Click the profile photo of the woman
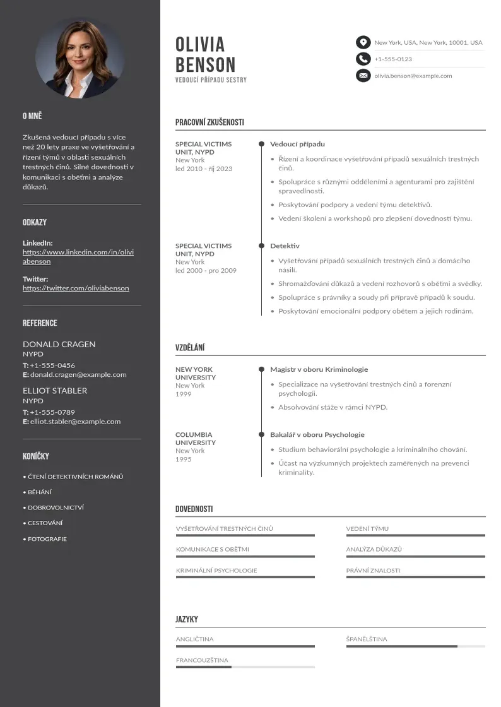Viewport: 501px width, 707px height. point(80,57)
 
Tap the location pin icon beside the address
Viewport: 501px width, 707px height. point(363,42)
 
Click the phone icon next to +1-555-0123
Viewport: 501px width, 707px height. point(363,59)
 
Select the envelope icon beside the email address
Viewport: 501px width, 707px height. point(363,76)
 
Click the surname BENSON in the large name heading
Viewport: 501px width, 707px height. point(205,64)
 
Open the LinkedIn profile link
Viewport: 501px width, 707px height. point(78,256)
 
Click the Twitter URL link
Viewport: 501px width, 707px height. point(76,288)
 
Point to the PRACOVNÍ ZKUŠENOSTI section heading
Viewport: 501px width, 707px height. point(209,122)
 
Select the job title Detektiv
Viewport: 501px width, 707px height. point(285,246)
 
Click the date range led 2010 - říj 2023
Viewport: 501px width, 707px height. point(204,169)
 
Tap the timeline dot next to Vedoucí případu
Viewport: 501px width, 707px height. point(261,144)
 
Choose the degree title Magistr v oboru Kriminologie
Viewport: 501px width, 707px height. point(319,369)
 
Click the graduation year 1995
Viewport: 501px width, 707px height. point(183,459)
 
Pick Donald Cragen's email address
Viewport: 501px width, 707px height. point(78,374)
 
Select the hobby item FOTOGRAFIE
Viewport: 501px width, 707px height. point(47,539)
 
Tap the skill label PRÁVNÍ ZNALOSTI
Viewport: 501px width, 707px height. point(373,570)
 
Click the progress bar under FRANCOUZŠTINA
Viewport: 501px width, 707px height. point(245,667)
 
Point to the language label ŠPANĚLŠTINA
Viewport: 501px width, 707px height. point(367,639)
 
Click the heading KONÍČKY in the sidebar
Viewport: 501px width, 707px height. point(35,456)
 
